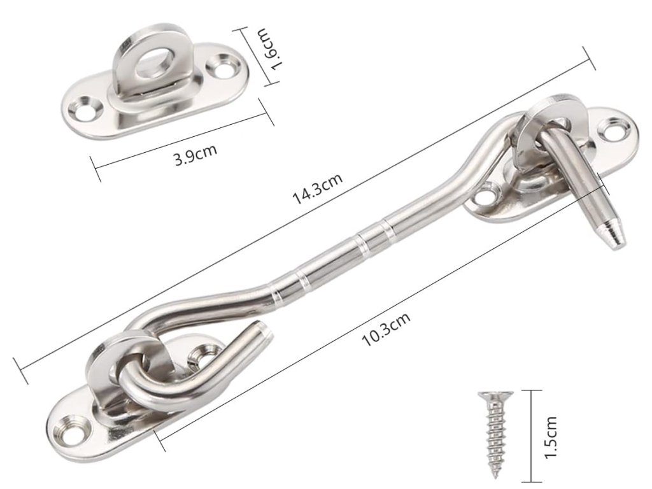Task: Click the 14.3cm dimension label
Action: (318, 188)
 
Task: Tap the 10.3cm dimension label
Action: (386, 329)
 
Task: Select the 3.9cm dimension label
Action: (195, 155)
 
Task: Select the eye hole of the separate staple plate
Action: (153, 62)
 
